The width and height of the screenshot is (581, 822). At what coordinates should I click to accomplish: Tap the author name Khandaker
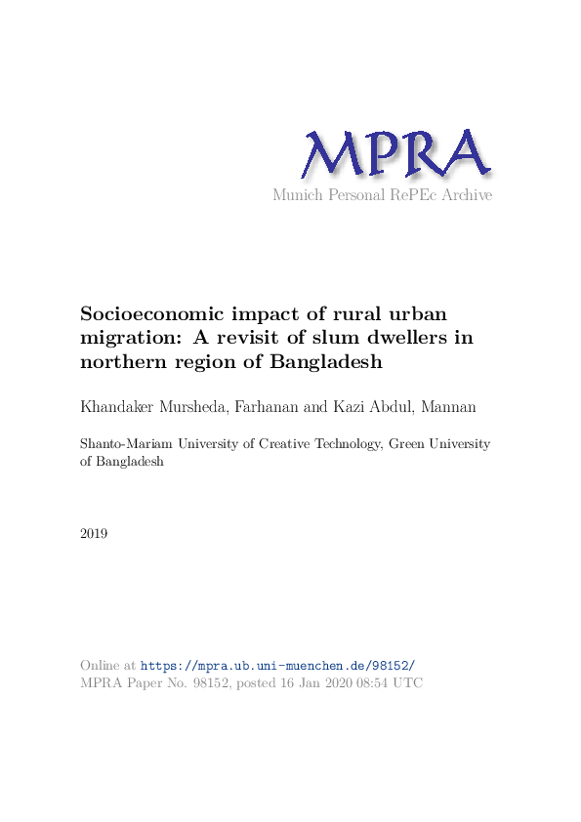pyautogui.click(x=121, y=404)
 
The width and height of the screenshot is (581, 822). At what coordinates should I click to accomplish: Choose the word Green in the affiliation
pyautogui.click(x=408, y=444)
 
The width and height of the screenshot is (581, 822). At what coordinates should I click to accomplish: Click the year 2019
pyautogui.click(x=94, y=534)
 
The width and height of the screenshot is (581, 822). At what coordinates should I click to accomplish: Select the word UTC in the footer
pyautogui.click(x=408, y=683)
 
